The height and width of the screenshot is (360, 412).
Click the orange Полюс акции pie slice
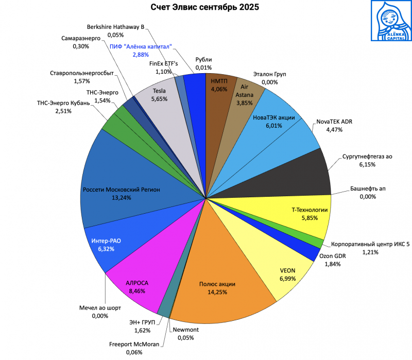[x=221, y=278]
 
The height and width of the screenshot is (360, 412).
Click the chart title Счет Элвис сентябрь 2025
[x=205, y=8]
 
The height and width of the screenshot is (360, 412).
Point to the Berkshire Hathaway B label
[x=115, y=27]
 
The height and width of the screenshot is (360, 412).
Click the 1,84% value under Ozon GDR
[x=333, y=264]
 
